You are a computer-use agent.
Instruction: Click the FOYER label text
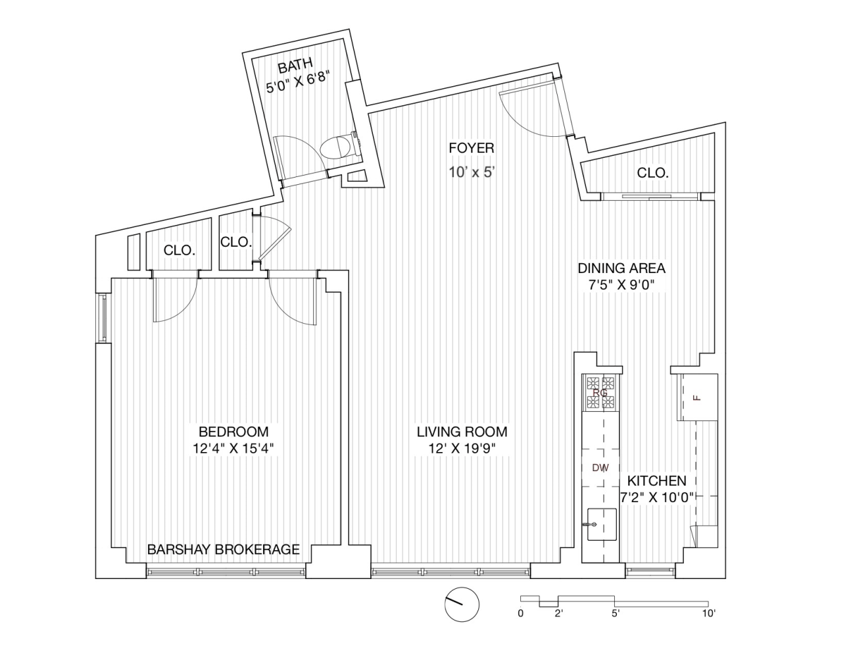tap(472, 148)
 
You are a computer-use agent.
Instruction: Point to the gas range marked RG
tap(600, 392)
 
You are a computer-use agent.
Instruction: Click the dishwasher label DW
tap(600, 468)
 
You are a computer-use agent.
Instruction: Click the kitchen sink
tap(602, 524)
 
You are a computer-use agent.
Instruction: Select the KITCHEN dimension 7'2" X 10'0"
tap(657, 497)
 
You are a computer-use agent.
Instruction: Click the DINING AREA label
tap(621, 268)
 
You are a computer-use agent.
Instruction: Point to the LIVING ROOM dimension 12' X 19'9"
tap(462, 449)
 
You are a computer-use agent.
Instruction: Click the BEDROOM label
tap(233, 432)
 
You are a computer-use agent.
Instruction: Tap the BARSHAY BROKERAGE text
tap(223, 549)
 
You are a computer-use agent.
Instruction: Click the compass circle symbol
tap(462, 604)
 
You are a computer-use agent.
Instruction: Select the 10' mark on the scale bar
tap(709, 613)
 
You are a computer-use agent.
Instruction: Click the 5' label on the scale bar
tap(616, 613)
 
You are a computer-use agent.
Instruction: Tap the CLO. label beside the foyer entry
tap(652, 172)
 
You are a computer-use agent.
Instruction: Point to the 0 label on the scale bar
tap(520, 613)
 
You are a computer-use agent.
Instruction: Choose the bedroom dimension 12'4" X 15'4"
tap(235, 449)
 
